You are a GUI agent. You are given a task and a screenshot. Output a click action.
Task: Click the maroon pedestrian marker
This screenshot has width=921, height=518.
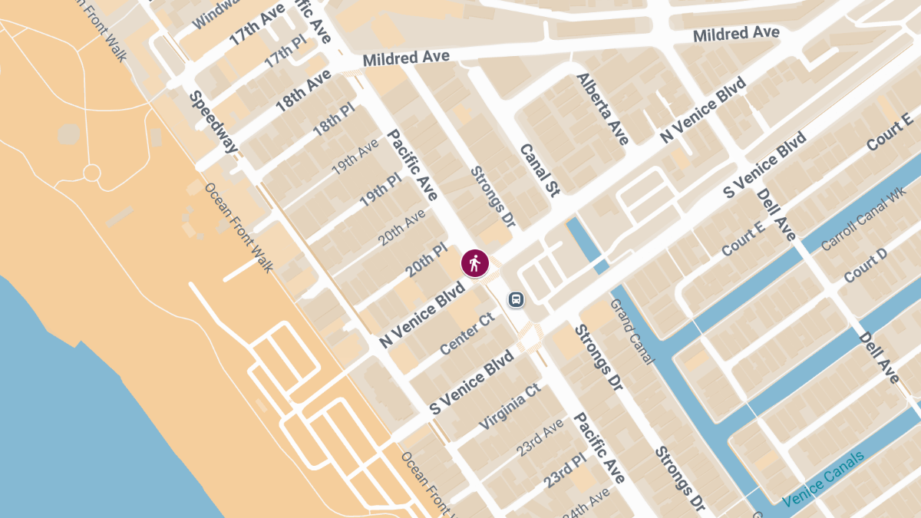pos(475,263)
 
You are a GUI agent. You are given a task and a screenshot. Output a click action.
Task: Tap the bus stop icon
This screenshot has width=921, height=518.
pos(517,299)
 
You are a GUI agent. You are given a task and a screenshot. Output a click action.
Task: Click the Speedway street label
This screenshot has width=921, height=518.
pos(209,122)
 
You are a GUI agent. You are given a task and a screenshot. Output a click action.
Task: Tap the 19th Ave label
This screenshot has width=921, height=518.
pos(355,156)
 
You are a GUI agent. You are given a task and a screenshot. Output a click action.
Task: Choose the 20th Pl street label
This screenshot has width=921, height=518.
pos(426,262)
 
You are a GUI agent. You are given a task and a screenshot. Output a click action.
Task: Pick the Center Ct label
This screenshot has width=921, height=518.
pos(467,335)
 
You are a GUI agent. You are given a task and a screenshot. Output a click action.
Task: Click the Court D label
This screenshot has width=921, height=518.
pos(865,265)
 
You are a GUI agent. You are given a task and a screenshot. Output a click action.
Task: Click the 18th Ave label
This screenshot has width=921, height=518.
pos(303,90)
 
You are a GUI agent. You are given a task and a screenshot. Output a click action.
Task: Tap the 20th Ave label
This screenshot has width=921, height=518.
pos(401,227)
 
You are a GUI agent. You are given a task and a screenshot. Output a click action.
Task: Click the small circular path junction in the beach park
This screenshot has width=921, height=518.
pos(91,173)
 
